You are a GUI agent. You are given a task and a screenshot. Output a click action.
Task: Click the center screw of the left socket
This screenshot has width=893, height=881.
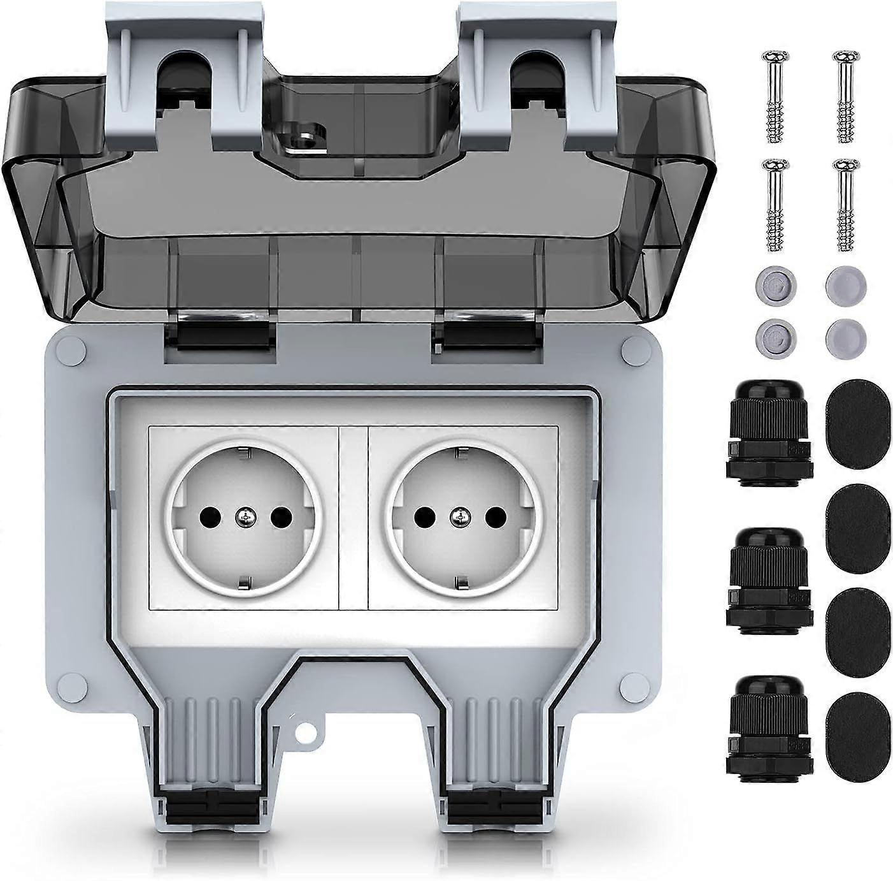coord(243,517)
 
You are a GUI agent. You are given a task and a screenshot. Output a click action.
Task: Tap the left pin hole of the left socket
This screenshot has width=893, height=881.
coord(210,516)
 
